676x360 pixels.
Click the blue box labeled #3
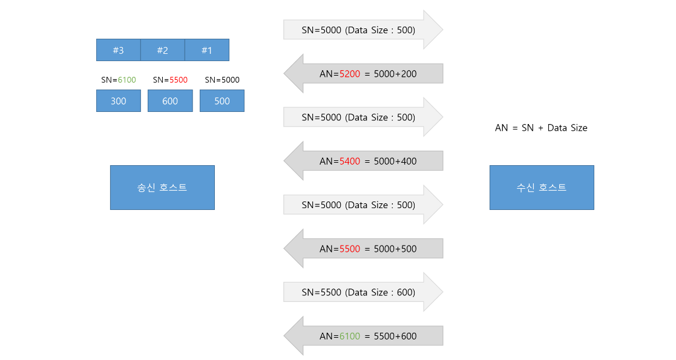pos(119,50)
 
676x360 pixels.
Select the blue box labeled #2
pos(163,50)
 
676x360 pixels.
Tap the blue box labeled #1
pos(207,50)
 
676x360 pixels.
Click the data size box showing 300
pos(119,101)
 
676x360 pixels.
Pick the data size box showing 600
pos(170,101)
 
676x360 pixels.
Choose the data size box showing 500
pos(222,101)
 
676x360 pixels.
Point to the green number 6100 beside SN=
pos(126,80)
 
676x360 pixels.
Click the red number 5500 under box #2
pos(179,80)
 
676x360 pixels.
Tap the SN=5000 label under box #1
pos(222,80)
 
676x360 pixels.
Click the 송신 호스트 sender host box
pos(163,188)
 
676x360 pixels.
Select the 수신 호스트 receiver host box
pos(542,188)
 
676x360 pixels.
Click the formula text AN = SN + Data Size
pos(541,128)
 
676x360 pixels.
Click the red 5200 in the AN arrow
pos(350,74)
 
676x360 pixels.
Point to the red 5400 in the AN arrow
pos(350,162)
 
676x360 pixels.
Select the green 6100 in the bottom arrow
pos(350,336)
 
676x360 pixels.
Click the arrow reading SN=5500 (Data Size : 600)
pos(363,292)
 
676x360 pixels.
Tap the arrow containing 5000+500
pos(363,248)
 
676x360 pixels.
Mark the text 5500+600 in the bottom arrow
pos(395,336)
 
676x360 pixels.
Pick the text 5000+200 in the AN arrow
pos(395,74)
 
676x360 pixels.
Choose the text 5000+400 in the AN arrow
pos(395,162)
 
